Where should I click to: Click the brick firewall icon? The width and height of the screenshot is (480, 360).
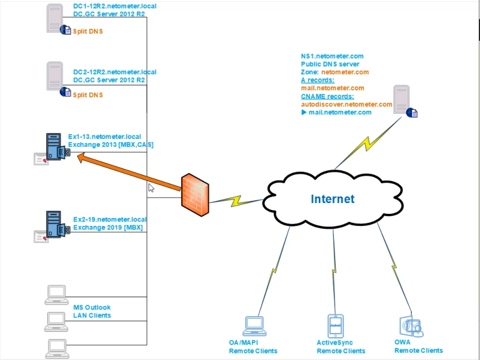[196, 194]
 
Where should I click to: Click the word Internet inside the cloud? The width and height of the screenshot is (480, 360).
[332, 199]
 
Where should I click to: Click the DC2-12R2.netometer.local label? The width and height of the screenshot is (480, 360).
[114, 72]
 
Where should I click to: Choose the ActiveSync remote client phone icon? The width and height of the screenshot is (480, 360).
[336, 326]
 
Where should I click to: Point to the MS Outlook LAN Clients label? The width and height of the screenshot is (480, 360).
[92, 311]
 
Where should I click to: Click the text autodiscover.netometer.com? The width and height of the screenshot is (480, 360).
[346, 104]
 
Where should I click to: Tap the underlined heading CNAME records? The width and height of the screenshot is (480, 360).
[327, 96]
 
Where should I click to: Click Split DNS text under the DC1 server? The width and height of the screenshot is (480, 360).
[87, 31]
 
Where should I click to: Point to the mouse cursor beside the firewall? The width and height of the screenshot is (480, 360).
[151, 187]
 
